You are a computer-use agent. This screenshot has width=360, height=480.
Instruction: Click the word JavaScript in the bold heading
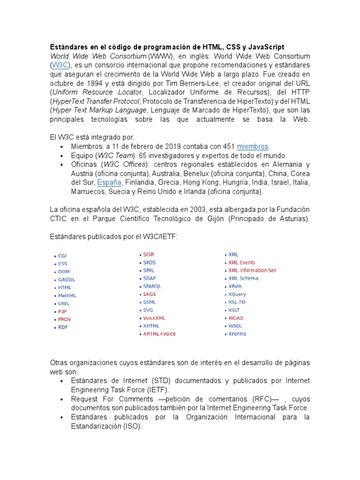tap(265, 47)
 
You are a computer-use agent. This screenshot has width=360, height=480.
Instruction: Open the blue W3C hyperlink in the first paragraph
tap(59, 65)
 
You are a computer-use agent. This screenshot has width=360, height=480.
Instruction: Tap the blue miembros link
tap(253, 146)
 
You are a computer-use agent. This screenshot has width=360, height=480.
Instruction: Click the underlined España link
tap(109, 182)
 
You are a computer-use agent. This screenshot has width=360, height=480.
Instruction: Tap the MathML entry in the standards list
tap(67, 296)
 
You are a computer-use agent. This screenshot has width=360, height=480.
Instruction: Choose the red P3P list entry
tap(63, 311)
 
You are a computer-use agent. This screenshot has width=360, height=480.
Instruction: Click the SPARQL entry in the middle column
tap(152, 286)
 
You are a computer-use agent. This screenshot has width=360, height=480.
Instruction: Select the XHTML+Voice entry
tap(159, 334)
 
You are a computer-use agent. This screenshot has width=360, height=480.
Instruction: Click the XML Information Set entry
tap(252, 270)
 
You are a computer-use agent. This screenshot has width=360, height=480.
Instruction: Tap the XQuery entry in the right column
tap(237, 294)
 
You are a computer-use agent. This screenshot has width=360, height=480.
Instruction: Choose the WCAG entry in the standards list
tap(235, 318)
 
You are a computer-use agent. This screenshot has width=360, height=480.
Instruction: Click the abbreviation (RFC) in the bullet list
tap(259, 399)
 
